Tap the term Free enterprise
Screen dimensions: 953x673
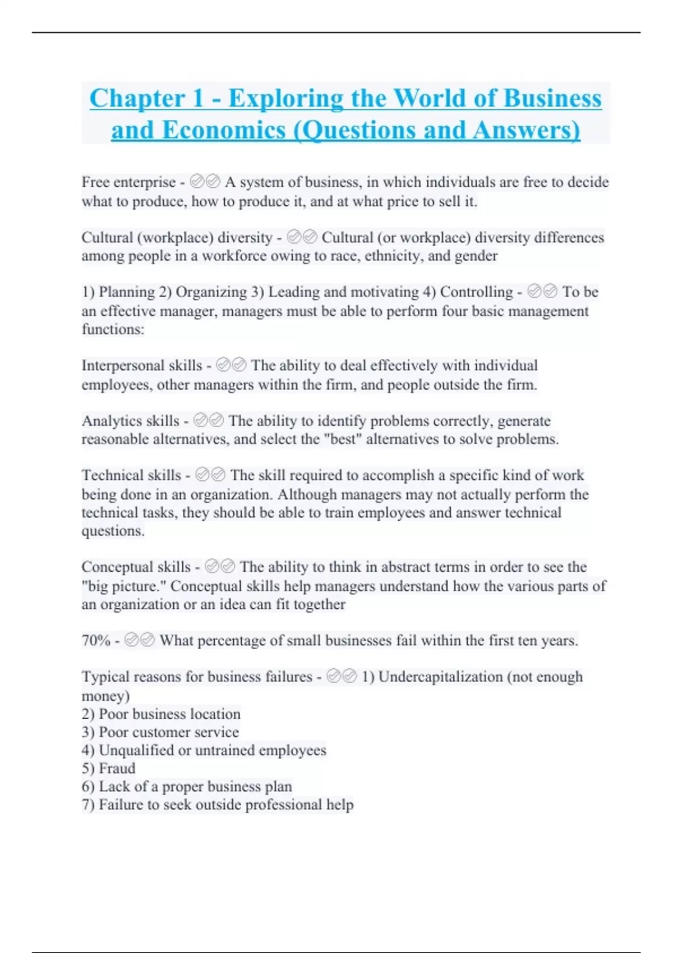click(128, 182)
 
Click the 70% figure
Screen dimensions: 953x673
click(96, 640)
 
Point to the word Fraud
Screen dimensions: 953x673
click(117, 768)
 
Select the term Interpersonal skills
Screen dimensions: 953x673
click(141, 366)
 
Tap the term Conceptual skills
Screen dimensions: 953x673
click(136, 567)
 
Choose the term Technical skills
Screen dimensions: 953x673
click(131, 475)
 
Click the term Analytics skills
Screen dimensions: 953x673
click(130, 420)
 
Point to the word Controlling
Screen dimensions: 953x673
click(476, 292)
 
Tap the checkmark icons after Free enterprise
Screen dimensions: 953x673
click(205, 182)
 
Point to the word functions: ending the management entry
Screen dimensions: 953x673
click(113, 329)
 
